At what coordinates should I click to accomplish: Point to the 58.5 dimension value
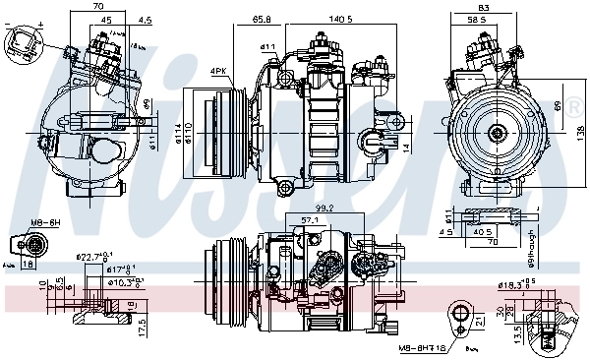tap(479, 20)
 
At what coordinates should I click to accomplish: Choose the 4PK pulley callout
tap(219, 70)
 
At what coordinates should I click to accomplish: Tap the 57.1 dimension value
tap(309, 220)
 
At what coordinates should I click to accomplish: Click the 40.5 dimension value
tap(484, 233)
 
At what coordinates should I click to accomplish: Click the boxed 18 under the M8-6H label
tap(28, 264)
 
